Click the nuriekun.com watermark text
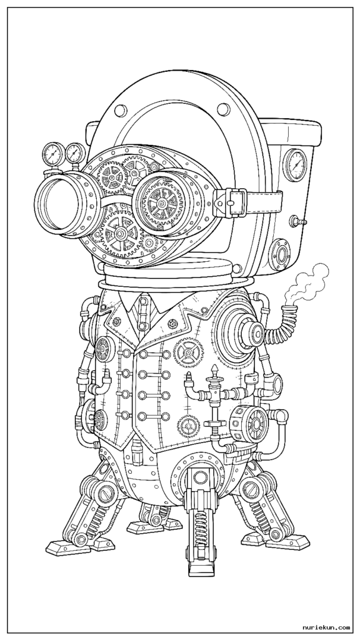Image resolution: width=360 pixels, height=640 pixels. [x=326, y=627]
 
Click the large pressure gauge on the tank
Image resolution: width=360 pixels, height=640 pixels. [x=295, y=165]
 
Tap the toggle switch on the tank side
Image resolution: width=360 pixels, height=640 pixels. [x=297, y=222]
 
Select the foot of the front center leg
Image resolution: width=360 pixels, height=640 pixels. [x=201, y=564]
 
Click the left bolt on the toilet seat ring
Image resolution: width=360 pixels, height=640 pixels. [x=121, y=110]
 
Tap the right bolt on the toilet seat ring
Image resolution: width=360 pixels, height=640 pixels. [x=224, y=109]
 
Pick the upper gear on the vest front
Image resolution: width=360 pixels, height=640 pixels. [x=188, y=352]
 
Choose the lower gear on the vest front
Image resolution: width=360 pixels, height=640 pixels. [x=189, y=426]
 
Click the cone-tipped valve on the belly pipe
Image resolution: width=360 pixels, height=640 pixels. [x=215, y=378]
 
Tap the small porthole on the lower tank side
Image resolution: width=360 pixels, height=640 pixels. [x=281, y=255]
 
